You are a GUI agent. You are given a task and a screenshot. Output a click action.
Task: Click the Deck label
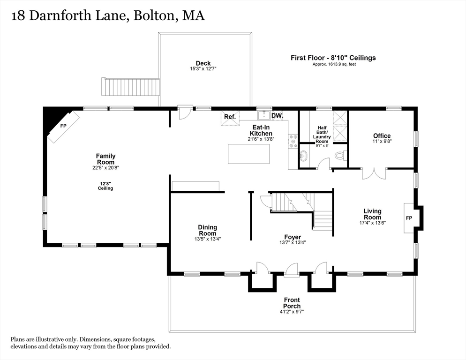(203, 63)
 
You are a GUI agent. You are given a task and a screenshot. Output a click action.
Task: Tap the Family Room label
(105, 159)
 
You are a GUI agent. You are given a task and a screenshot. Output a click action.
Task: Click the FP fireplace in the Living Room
(409, 218)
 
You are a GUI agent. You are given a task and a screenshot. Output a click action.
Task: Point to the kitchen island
(249, 154)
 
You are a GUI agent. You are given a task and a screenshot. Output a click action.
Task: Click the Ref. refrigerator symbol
(230, 117)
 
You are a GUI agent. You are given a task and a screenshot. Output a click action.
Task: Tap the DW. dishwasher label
(277, 115)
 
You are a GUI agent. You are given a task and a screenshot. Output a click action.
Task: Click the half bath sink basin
(303, 156)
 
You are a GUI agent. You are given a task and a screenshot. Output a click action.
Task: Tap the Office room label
(382, 136)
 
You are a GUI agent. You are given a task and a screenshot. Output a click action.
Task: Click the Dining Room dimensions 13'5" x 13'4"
(207, 239)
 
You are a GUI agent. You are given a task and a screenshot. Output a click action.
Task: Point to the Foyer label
(292, 237)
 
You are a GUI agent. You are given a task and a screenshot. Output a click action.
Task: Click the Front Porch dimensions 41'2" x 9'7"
(292, 311)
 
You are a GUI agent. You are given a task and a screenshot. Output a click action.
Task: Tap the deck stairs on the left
(131, 87)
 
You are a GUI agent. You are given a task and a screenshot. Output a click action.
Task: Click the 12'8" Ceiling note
(105, 186)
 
